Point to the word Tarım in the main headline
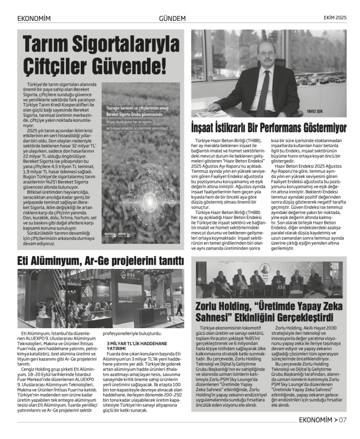(47, 44)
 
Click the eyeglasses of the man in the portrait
(260, 52)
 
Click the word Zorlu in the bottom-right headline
(211, 306)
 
